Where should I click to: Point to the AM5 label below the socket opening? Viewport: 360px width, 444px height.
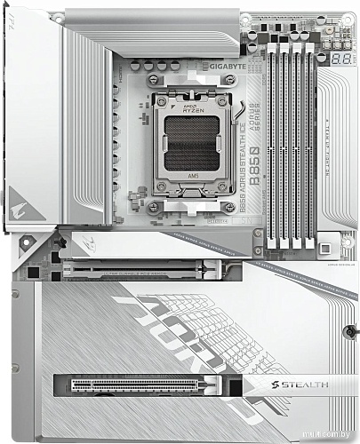[x=192, y=177]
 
